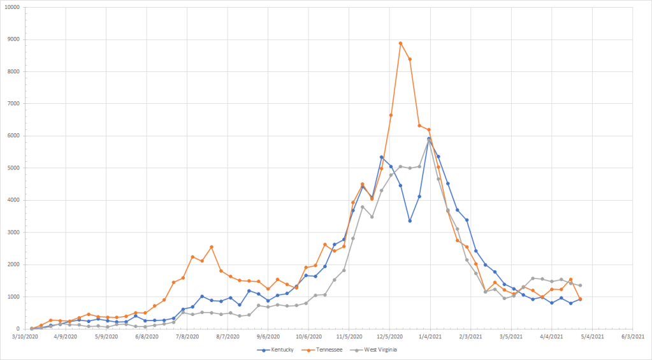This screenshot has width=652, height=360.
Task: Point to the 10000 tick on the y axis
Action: click(x=11, y=8)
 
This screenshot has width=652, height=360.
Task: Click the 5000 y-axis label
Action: click(x=13, y=168)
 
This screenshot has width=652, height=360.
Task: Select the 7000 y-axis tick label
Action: click(x=13, y=104)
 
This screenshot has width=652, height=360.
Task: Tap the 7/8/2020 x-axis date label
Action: click(x=187, y=336)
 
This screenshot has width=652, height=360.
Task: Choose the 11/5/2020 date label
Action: click(x=349, y=336)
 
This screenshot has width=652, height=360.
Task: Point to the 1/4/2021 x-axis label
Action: click(x=429, y=336)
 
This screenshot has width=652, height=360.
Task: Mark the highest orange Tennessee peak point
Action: click(x=400, y=43)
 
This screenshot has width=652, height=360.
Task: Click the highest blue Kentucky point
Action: click(x=429, y=139)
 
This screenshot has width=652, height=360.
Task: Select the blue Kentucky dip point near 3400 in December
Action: click(x=410, y=221)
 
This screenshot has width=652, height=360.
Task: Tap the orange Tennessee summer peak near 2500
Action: click(x=212, y=247)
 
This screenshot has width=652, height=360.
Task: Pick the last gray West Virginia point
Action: click(x=580, y=285)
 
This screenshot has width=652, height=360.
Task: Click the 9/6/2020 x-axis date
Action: click(x=268, y=336)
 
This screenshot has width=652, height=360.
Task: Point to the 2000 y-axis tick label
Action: click(x=13, y=264)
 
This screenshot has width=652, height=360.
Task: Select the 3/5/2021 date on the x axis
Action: click(x=511, y=336)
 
